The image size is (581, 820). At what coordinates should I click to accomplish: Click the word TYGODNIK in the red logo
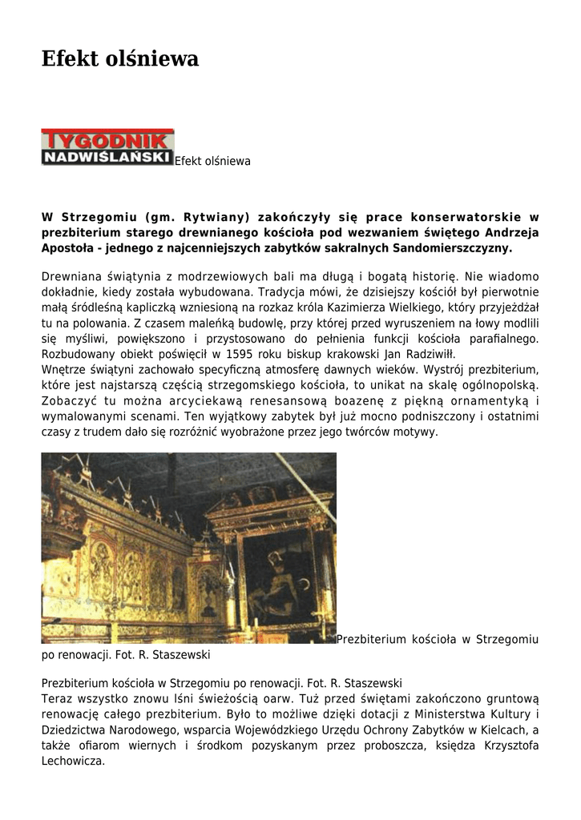coord(107,138)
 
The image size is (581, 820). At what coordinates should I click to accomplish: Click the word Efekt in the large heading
coord(70,59)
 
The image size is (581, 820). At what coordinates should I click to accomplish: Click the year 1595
coord(241,354)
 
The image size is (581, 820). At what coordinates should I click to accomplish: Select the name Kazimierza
coord(389,308)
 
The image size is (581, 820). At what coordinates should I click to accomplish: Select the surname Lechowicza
coord(73,761)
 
